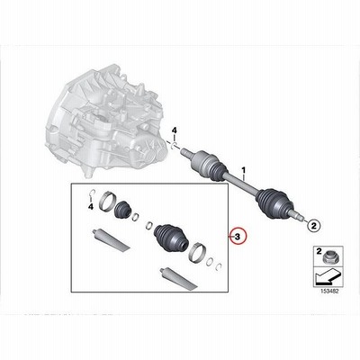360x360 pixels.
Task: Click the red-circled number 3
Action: (x=237, y=237)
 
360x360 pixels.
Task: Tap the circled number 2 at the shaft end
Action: (x=312, y=224)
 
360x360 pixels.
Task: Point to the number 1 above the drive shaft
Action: (x=243, y=171)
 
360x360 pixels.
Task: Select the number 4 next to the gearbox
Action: (x=175, y=130)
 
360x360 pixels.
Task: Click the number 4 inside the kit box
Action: (x=91, y=206)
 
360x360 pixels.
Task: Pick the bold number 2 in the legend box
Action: (x=319, y=250)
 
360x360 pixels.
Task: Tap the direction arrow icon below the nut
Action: (x=328, y=276)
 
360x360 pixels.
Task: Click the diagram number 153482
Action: (x=327, y=291)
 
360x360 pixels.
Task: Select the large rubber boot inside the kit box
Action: (x=171, y=238)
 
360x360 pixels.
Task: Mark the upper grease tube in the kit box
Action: (x=111, y=238)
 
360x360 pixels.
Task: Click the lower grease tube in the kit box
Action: (x=179, y=278)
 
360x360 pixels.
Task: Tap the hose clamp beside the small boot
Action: (x=105, y=201)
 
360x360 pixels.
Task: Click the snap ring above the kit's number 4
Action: (x=93, y=193)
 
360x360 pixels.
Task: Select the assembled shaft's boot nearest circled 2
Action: (x=273, y=203)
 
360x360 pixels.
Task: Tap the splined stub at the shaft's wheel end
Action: (x=296, y=214)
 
